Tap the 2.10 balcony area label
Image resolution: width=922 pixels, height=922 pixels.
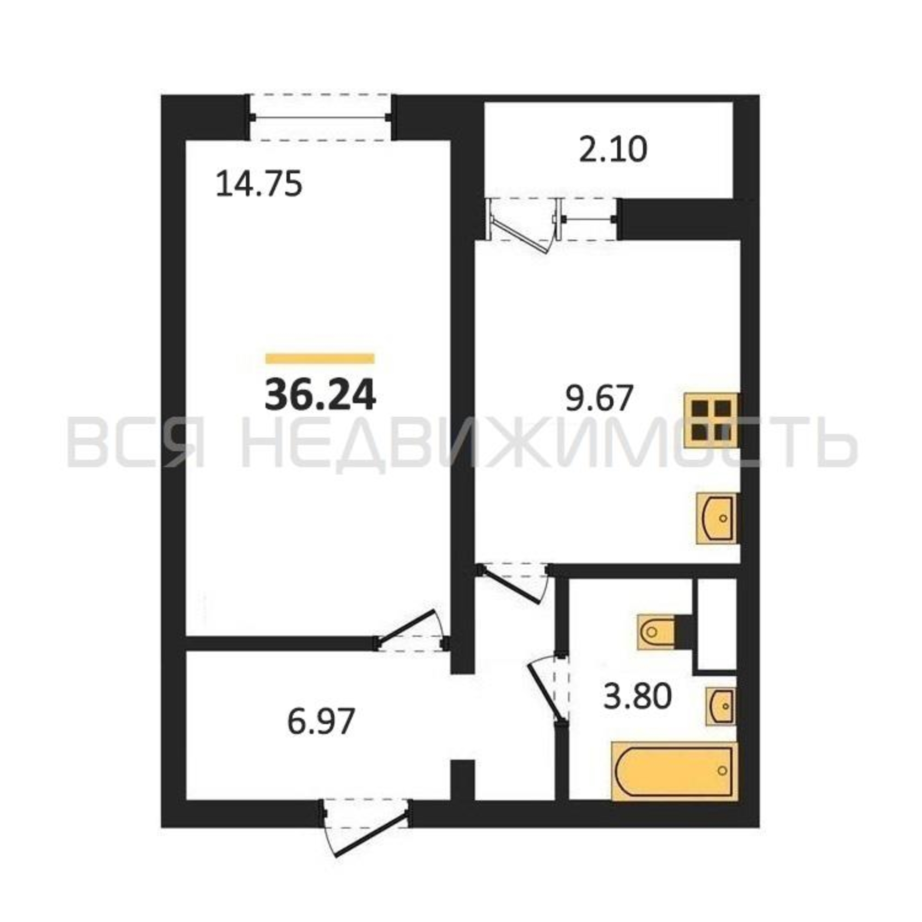point(613,149)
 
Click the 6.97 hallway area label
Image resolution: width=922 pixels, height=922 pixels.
point(321,721)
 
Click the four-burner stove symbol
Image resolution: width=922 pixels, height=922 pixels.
point(711,421)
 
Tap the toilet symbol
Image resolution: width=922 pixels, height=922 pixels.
point(656,632)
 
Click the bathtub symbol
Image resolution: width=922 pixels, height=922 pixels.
point(674,771)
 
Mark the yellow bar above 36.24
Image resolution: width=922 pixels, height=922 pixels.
point(320,358)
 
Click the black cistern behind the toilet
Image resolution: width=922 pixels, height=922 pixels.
point(683,632)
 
